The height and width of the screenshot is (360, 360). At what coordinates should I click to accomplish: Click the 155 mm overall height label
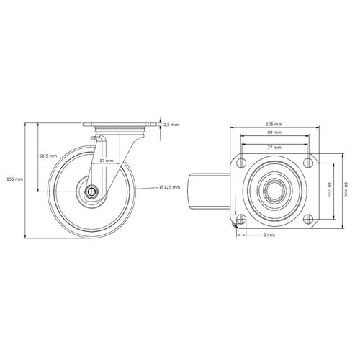pos(14,179)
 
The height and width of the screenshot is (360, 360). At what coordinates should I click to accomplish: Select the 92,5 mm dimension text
pos(48,156)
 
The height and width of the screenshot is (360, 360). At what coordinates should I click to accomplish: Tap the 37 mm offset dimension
pos(105,161)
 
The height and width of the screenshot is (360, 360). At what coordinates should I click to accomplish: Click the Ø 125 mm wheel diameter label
pos(170,189)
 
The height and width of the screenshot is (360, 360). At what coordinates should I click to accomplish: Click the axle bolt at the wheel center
pos(92,192)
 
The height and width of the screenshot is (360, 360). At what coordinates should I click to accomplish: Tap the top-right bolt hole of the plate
pos(308,160)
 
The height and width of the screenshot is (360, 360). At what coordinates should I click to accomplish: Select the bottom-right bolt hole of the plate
pos(308,217)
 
